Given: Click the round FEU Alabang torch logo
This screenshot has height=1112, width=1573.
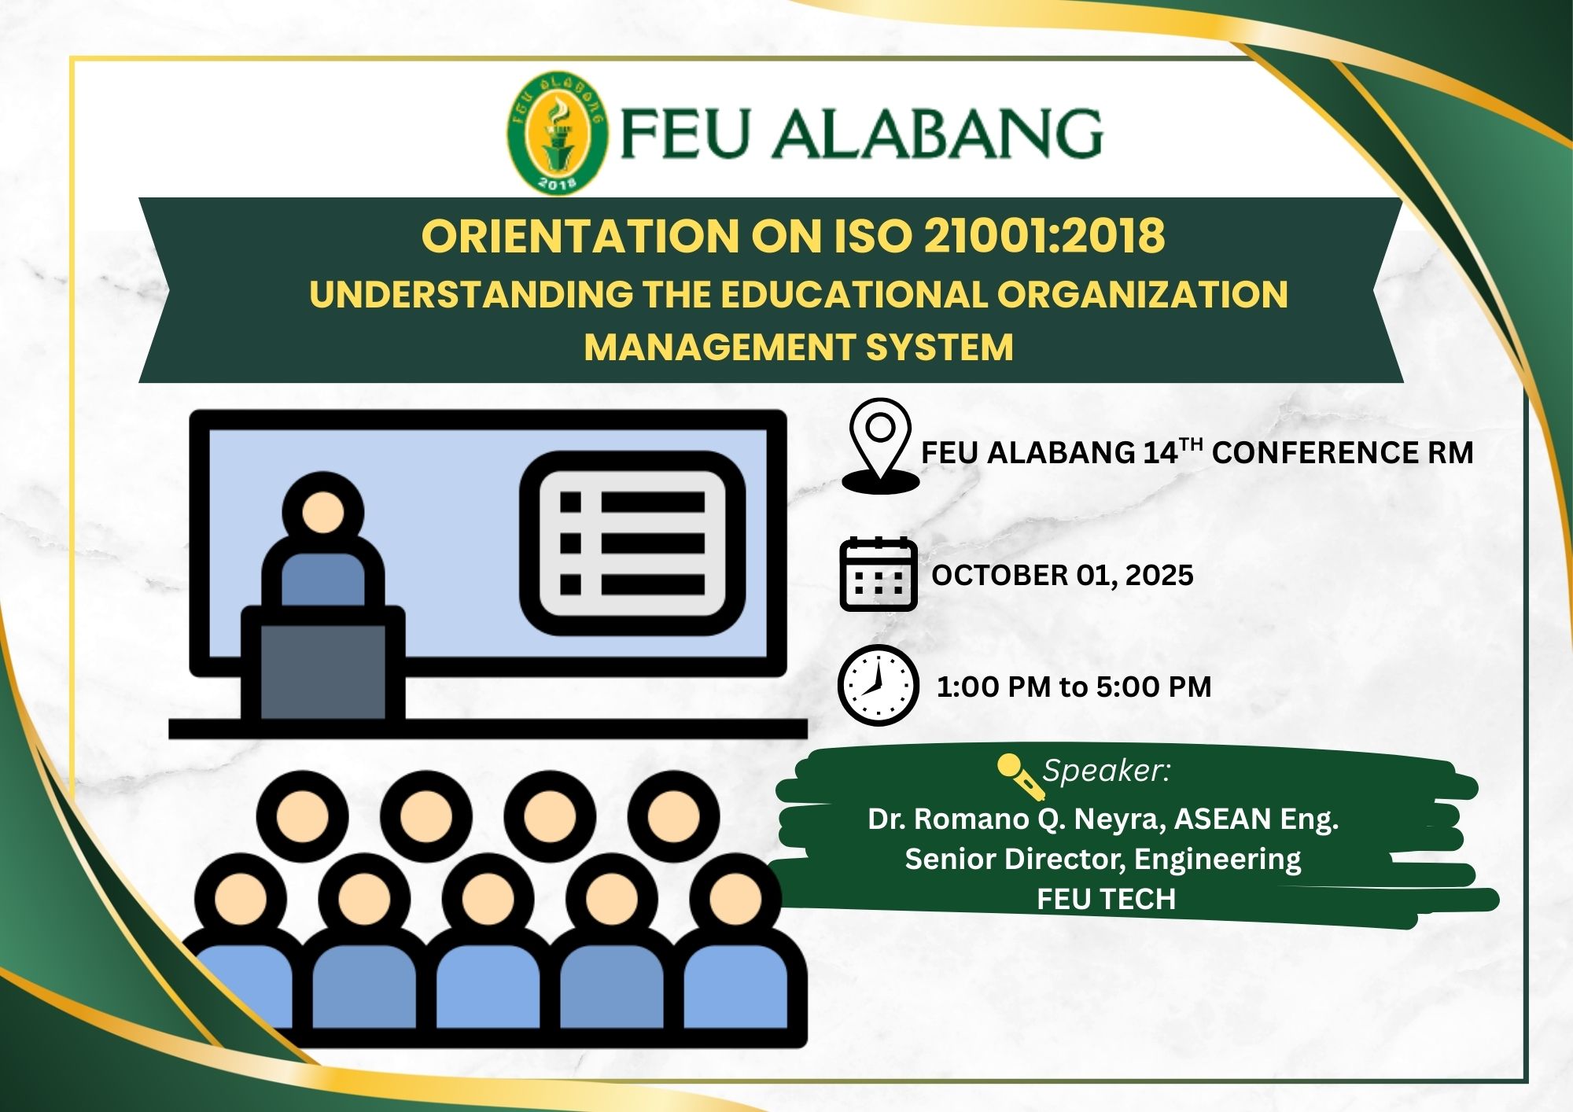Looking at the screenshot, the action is [x=557, y=133].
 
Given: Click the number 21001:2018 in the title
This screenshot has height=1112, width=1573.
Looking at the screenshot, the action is [x=1044, y=235].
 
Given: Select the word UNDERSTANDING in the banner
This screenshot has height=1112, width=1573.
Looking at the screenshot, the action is [x=470, y=295].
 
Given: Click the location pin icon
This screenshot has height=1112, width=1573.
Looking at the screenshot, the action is [x=880, y=445].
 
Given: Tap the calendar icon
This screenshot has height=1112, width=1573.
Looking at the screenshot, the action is [x=879, y=574].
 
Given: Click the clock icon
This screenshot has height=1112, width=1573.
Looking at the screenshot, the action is [x=879, y=685].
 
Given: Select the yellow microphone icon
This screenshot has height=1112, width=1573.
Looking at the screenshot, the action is [x=1020, y=775].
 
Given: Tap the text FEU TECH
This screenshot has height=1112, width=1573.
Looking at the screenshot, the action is [x=1106, y=899].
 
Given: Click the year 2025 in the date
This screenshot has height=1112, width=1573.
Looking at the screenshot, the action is [x=1159, y=575].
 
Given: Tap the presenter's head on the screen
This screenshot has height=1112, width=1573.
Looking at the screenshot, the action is [x=322, y=512].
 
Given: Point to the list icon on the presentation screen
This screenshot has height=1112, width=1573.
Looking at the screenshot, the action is [x=632, y=543].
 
